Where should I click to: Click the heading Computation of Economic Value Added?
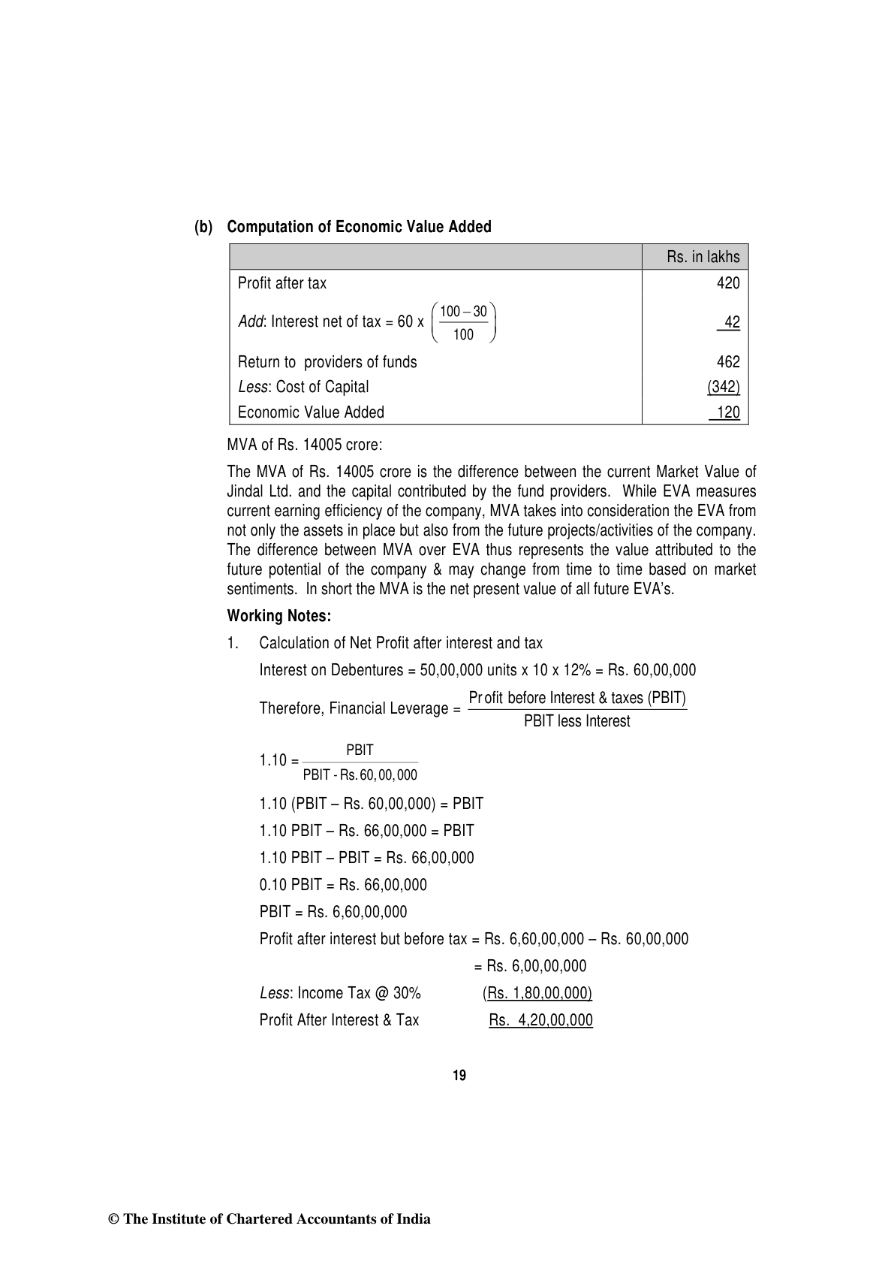[359, 227]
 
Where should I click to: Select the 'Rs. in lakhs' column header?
[703, 257]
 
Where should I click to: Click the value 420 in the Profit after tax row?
[728, 283]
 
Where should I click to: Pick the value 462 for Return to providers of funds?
[728, 362]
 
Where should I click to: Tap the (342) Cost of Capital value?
[724, 387]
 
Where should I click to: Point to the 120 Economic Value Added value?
[727, 412]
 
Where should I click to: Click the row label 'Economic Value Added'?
[311, 412]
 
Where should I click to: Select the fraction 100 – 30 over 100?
[464, 323]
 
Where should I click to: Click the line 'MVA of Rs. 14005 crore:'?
[305, 445]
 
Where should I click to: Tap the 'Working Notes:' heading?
[279, 616]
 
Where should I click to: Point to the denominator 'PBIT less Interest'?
[576, 721]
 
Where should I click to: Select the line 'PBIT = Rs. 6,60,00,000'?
[333, 912]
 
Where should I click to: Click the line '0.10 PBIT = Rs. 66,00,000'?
[343, 885]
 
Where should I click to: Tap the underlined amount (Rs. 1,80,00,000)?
[537, 993]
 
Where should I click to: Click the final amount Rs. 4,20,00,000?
[540, 1020]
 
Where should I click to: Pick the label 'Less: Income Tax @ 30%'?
[340, 993]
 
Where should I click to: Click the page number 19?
[459, 1076]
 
